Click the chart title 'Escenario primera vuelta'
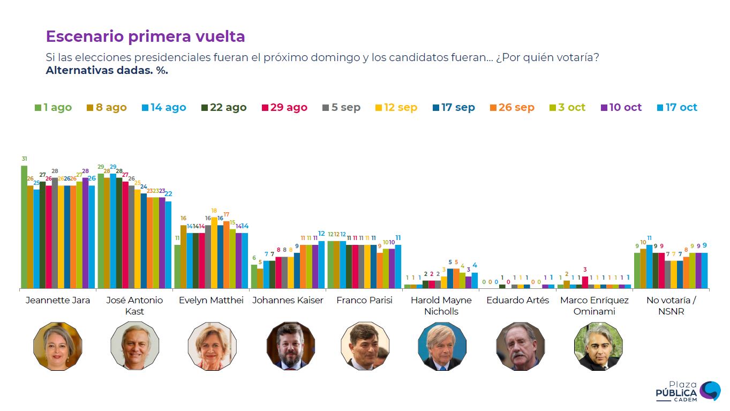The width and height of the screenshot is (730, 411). tap(145, 36)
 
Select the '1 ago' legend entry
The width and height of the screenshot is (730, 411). tap(53, 107)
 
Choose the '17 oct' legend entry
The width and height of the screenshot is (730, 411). tap(676, 107)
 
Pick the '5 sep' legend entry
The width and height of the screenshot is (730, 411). tap(341, 107)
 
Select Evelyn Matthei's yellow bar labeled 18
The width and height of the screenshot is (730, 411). tap(214, 252)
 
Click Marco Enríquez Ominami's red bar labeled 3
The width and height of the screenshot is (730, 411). tap(585, 282)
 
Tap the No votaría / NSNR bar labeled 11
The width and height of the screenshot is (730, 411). tap(650, 266)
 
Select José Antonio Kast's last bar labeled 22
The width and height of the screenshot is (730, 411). tap(168, 244)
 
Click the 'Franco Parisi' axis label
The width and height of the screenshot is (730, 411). tap(364, 300)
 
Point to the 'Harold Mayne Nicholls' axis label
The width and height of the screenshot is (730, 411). tap(441, 305)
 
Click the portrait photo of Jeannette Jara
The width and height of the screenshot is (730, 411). tap(58, 346)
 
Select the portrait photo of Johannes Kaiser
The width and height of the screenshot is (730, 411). tap(291, 346)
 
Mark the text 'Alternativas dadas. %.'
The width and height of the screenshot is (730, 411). tap(107, 70)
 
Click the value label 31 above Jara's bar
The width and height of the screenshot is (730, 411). tap(25, 159)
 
